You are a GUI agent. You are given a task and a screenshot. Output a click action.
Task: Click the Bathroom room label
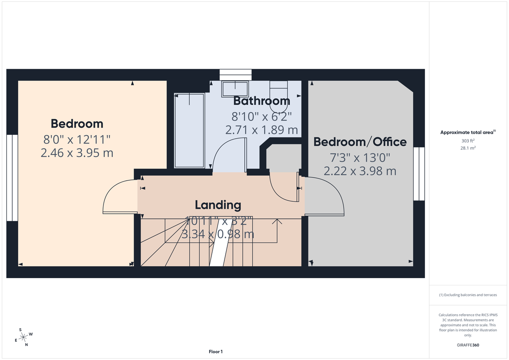coord(262,101)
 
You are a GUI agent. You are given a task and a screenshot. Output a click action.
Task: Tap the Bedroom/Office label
coord(360,142)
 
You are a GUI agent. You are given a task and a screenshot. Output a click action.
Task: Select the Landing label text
coord(218,205)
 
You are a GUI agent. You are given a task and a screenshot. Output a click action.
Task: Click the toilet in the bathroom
coord(279,90)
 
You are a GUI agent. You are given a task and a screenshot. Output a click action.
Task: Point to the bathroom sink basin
coord(235,89)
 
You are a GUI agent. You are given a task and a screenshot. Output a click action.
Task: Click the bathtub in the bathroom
coord(189,131)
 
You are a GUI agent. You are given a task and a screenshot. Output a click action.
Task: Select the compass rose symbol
coord(24,337)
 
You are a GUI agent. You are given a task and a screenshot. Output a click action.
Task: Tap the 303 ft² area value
coord(468,140)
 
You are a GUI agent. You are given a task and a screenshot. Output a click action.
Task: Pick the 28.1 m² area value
coord(468,148)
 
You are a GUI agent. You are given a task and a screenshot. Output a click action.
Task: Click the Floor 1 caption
coord(215,352)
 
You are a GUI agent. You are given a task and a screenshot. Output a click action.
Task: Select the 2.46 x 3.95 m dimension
coord(77,153)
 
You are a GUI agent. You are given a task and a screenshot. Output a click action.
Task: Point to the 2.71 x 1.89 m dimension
coord(261,130)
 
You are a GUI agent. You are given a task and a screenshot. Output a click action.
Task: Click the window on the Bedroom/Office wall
coord(419,173)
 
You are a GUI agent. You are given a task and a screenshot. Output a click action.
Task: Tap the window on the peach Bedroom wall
coord(12,178)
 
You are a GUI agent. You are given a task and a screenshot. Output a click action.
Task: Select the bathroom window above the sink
coord(235,74)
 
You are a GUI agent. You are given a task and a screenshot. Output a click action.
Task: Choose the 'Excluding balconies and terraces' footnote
coord(468,295)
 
